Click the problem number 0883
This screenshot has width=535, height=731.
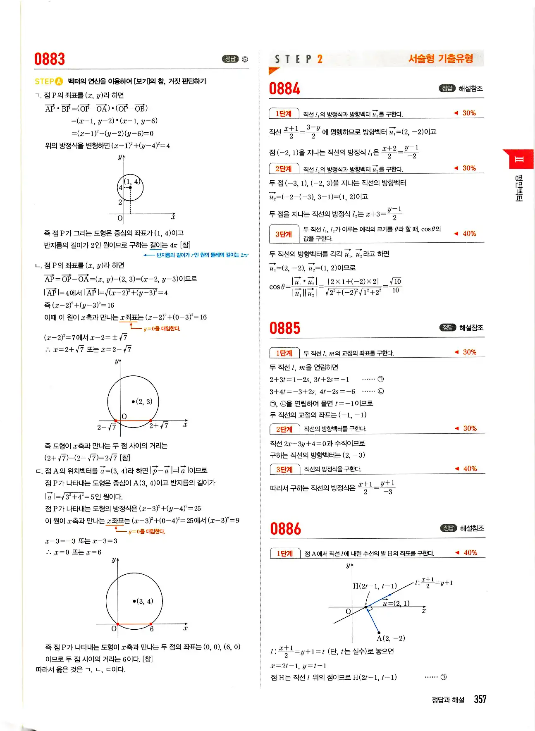[50, 59]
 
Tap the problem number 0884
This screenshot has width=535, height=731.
[284, 88]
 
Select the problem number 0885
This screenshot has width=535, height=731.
[285, 328]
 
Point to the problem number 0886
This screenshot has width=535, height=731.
[285, 529]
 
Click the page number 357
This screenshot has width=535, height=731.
[480, 699]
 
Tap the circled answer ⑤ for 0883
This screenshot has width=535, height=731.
[245, 59]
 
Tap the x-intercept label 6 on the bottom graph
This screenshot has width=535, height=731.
[152, 629]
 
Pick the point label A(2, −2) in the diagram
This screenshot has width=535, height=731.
[391, 638]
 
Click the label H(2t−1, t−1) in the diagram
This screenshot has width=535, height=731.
[375, 586]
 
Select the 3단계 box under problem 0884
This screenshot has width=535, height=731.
[284, 234]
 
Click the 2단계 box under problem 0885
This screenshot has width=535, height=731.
[284, 429]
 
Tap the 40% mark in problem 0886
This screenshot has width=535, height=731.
[470, 553]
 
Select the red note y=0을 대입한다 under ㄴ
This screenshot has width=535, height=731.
[162, 329]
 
